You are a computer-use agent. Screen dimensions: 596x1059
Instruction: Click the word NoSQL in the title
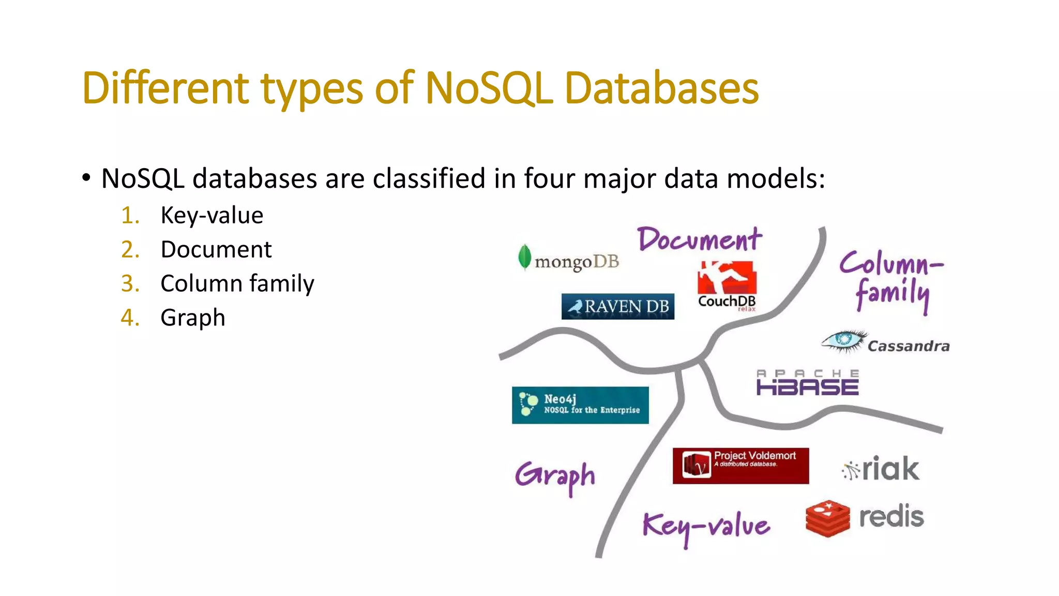488,88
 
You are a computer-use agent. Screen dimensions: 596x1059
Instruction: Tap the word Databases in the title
661,88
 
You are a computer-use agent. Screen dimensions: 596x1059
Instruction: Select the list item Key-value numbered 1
211,215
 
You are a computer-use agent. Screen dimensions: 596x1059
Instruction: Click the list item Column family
237,284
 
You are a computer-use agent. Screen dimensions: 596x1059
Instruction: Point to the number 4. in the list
130,318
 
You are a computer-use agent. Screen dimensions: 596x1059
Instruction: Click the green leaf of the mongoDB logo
524,257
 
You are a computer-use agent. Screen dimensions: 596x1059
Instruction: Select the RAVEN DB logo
617,306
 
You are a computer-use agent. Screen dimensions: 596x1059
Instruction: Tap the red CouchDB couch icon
727,278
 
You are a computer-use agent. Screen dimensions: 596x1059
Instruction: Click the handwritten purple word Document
699,240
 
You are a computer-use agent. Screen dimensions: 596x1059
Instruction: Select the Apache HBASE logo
807,383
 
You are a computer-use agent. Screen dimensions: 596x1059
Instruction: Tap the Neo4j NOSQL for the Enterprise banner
580,405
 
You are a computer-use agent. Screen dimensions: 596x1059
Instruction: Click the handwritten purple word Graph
555,476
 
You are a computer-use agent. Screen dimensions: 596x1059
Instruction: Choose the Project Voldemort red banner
740,466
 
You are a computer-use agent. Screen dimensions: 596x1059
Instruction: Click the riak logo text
889,469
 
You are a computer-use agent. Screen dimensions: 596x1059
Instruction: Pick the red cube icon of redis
827,518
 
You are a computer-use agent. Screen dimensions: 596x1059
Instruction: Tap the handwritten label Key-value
706,527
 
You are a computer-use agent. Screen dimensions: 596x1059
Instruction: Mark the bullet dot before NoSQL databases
86,178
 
